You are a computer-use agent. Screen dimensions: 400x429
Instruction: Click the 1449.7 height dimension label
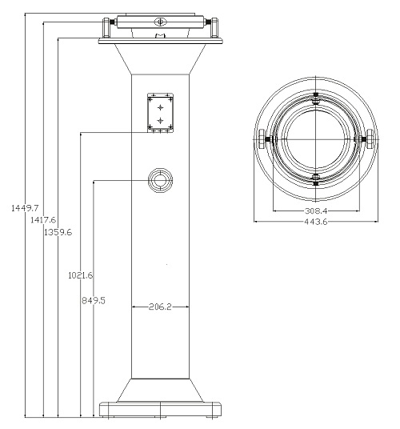[x=25, y=208]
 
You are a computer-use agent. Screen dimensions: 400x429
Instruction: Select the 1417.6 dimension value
[x=43, y=219]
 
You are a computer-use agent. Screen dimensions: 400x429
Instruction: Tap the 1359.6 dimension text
[x=58, y=232]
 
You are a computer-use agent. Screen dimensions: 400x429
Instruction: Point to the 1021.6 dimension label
[x=80, y=275]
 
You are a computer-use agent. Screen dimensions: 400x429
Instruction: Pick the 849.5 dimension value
[x=94, y=301]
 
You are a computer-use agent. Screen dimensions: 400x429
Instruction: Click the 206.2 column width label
[x=160, y=307]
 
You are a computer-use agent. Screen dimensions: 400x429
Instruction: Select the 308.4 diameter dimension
[x=316, y=210]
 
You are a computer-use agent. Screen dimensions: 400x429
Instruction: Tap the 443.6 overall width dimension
[x=316, y=222]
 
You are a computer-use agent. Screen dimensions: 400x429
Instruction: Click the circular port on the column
[x=160, y=180]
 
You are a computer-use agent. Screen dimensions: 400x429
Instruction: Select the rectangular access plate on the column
[x=160, y=113]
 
